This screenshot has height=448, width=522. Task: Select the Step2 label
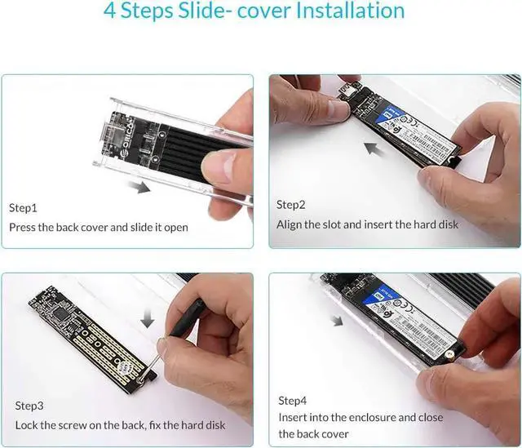click(x=290, y=205)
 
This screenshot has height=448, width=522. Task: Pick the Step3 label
click(x=29, y=406)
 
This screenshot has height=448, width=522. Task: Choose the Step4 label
click(x=293, y=401)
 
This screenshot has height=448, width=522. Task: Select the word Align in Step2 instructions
click(x=290, y=224)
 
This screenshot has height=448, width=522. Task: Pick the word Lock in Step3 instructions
click(x=26, y=425)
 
